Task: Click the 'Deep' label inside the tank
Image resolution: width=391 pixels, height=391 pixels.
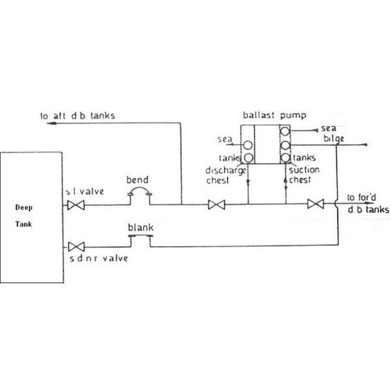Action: coord(24,207)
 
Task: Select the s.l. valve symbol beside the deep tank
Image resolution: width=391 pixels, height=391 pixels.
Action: coord(76,205)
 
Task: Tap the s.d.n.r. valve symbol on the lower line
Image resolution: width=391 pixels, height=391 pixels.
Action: coord(76,247)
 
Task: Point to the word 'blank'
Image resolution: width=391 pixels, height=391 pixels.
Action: coord(141,227)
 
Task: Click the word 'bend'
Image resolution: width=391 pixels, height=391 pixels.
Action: coord(137,180)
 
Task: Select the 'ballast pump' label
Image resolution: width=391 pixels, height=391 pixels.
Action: coord(275,116)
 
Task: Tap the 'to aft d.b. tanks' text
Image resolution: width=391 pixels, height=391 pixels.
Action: coord(78,116)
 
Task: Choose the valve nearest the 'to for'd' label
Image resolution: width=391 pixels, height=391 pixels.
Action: coord(315,204)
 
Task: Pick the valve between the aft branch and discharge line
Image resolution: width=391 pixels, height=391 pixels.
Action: coord(216,205)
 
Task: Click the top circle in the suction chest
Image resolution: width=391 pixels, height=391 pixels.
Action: coord(285,131)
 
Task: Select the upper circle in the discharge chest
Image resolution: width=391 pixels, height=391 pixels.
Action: coord(248,145)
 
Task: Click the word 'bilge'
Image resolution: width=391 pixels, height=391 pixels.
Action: coord(333,139)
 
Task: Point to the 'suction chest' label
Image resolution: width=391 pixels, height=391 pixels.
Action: coord(304,175)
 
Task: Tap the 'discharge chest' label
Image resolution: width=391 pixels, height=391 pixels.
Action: coord(226,175)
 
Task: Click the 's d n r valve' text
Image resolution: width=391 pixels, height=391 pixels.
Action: coord(98,259)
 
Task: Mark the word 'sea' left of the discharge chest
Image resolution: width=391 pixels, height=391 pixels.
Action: coord(225,139)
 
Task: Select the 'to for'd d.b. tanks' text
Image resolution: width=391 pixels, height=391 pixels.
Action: coord(368,204)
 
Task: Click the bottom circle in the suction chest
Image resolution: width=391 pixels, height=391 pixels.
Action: coord(285,158)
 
